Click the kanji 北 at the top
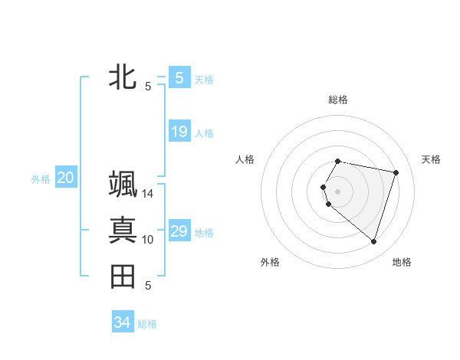[123, 77]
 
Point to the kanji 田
[123, 277]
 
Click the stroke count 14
[148, 194]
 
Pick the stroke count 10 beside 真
[148, 240]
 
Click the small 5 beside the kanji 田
[148, 286]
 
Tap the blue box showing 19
[179, 132]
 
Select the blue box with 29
[179, 231]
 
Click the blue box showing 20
[66, 178]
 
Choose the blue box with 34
[122, 322]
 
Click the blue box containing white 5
[179, 77]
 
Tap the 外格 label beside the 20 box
[41, 179]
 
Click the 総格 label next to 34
[147, 324]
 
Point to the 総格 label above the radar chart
[337, 100]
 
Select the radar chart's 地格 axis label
[402, 262]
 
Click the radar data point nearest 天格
[396, 173]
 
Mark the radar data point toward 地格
[373, 242]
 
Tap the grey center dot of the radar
[337, 191]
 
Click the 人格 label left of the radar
[245, 159]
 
